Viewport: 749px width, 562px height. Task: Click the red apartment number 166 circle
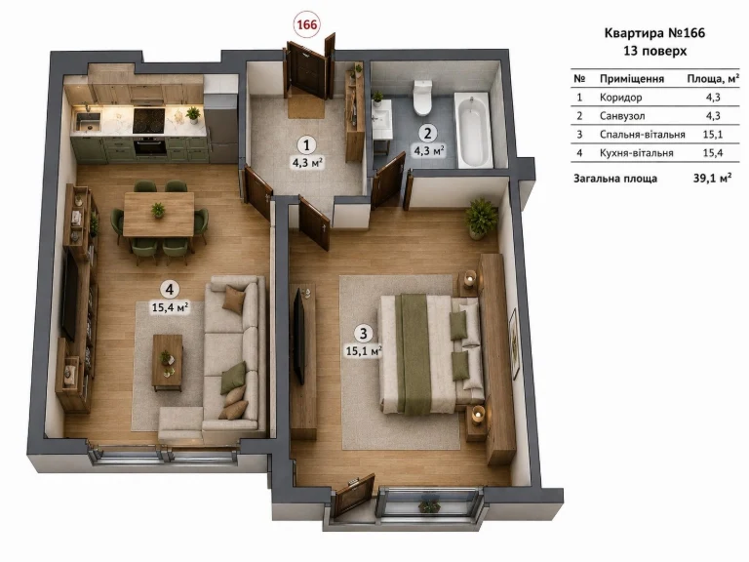coord(306,23)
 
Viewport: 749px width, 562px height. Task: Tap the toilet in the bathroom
coord(422,98)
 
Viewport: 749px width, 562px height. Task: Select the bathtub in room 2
coord(472,130)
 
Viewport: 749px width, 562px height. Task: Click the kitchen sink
coord(89,120)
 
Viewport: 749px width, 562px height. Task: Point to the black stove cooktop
coord(148,120)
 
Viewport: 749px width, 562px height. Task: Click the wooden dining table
coord(159,214)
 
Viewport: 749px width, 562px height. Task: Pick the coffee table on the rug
coord(167,362)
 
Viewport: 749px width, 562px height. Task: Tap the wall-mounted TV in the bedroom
coord(299,337)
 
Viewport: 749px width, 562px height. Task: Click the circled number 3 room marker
coord(364,333)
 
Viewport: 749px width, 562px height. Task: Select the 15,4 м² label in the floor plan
coord(170,306)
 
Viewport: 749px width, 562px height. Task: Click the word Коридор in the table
coord(620,97)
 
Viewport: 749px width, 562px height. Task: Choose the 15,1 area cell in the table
coord(713,135)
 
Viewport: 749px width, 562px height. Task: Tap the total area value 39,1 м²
coord(712,179)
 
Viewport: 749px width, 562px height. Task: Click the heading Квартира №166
coord(654,32)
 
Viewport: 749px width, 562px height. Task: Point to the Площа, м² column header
coord(713,78)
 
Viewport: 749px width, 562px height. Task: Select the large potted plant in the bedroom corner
coord(481,218)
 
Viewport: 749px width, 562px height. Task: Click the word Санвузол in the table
coord(622,116)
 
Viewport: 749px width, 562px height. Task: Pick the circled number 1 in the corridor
coord(306,145)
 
